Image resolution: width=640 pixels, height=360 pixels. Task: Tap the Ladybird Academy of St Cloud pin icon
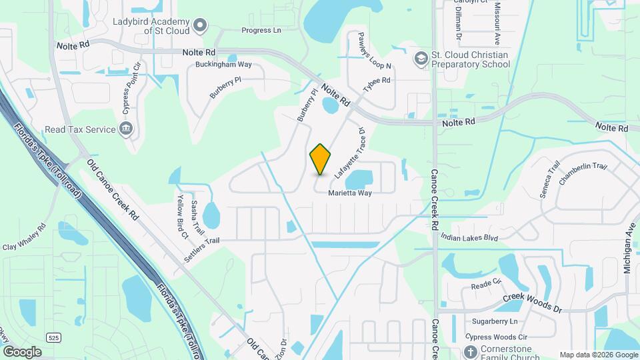(x=199, y=25)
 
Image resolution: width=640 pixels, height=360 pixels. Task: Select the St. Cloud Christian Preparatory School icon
(x=421, y=59)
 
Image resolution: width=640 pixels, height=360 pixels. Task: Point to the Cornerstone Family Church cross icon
(x=471, y=351)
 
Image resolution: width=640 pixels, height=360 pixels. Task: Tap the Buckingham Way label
(x=223, y=65)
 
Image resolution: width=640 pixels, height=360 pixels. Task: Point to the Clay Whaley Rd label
(x=23, y=237)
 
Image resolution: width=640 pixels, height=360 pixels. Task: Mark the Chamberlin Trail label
(x=582, y=175)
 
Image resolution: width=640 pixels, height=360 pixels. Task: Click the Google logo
(x=22, y=351)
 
